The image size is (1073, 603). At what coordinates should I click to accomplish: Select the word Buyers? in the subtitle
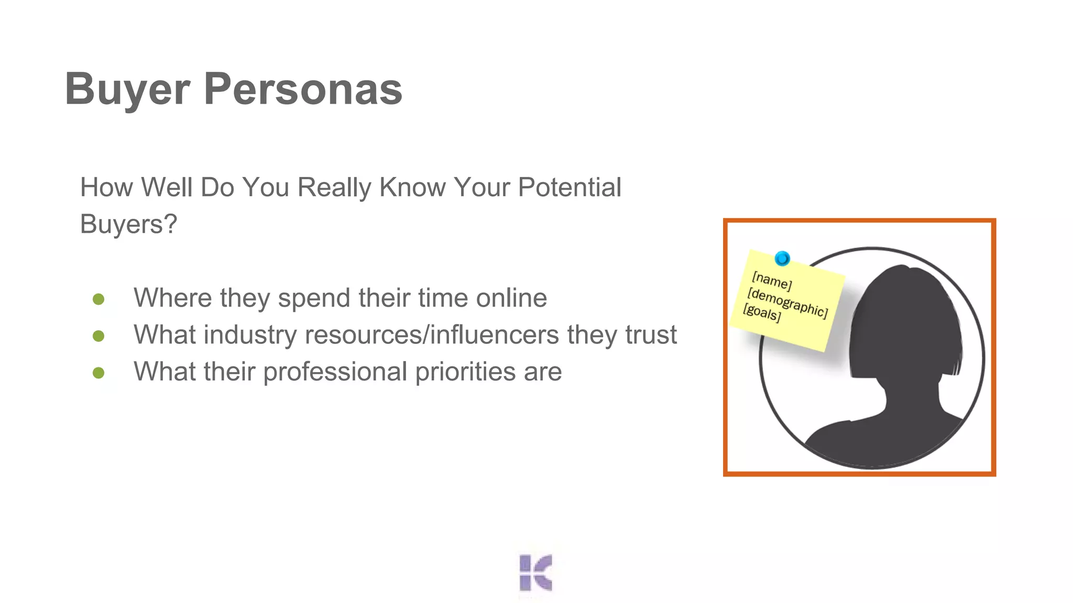click(x=128, y=224)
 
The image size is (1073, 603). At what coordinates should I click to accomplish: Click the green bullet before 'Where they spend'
click(x=98, y=299)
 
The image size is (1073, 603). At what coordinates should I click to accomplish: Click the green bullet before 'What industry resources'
click(x=98, y=336)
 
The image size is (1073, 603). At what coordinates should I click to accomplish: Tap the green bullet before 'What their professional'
click(x=98, y=373)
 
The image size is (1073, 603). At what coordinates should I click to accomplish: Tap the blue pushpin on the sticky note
click(x=782, y=258)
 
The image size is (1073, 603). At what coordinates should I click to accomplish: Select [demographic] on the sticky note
click(x=787, y=303)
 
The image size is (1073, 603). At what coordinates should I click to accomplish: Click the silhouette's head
click(x=906, y=319)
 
